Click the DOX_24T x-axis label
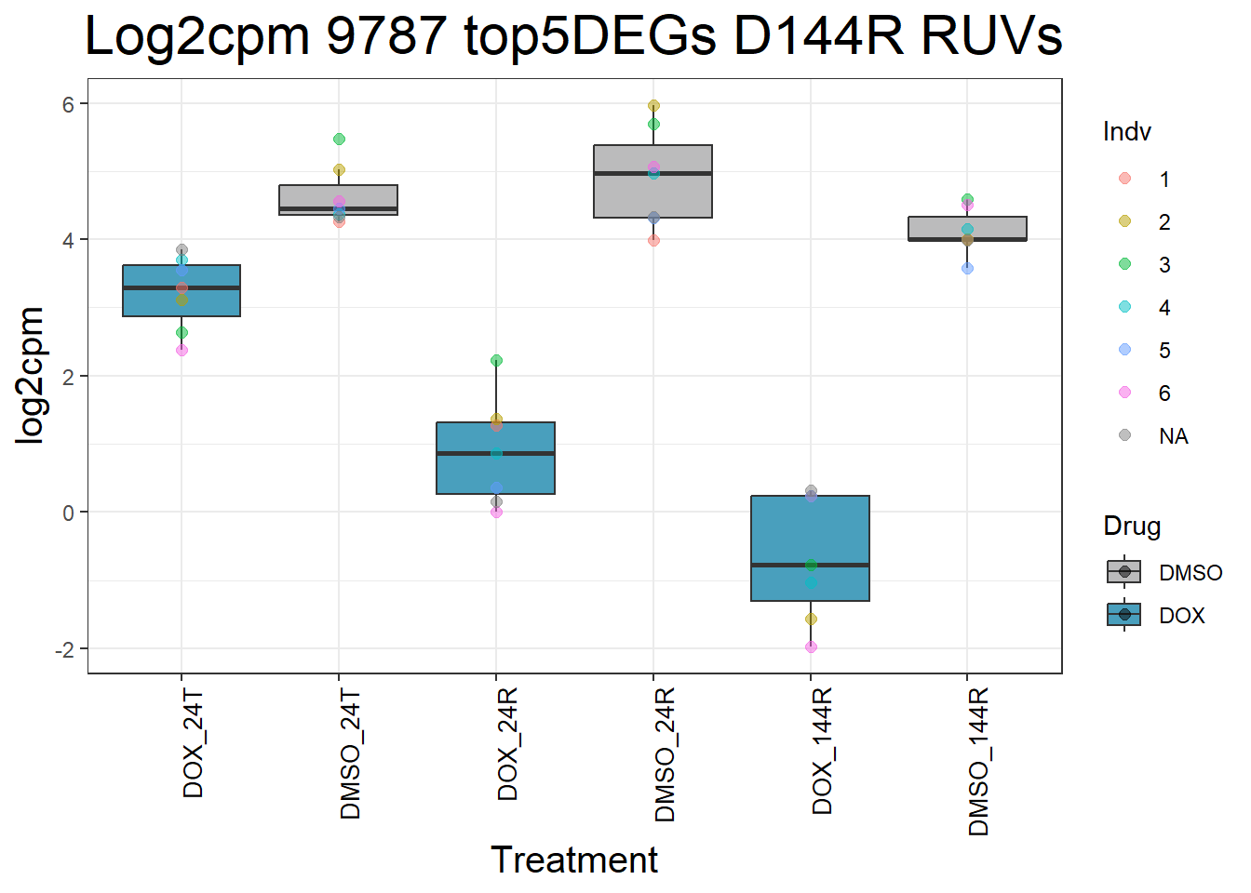193,744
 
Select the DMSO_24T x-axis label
350,754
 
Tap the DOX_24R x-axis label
507,745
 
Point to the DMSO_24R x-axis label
665,755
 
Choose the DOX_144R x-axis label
822,752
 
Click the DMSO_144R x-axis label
978,762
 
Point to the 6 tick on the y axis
68,104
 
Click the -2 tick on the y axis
64,649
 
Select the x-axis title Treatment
573,860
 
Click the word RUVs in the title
991,37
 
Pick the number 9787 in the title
386,37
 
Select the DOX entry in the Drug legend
1181,616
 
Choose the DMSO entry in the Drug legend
1190,573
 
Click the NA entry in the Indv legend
1173,436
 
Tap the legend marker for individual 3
1124,264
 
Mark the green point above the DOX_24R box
496,361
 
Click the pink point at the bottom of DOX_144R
811,646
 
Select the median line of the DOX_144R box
810,565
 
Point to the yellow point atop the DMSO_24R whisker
653,106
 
